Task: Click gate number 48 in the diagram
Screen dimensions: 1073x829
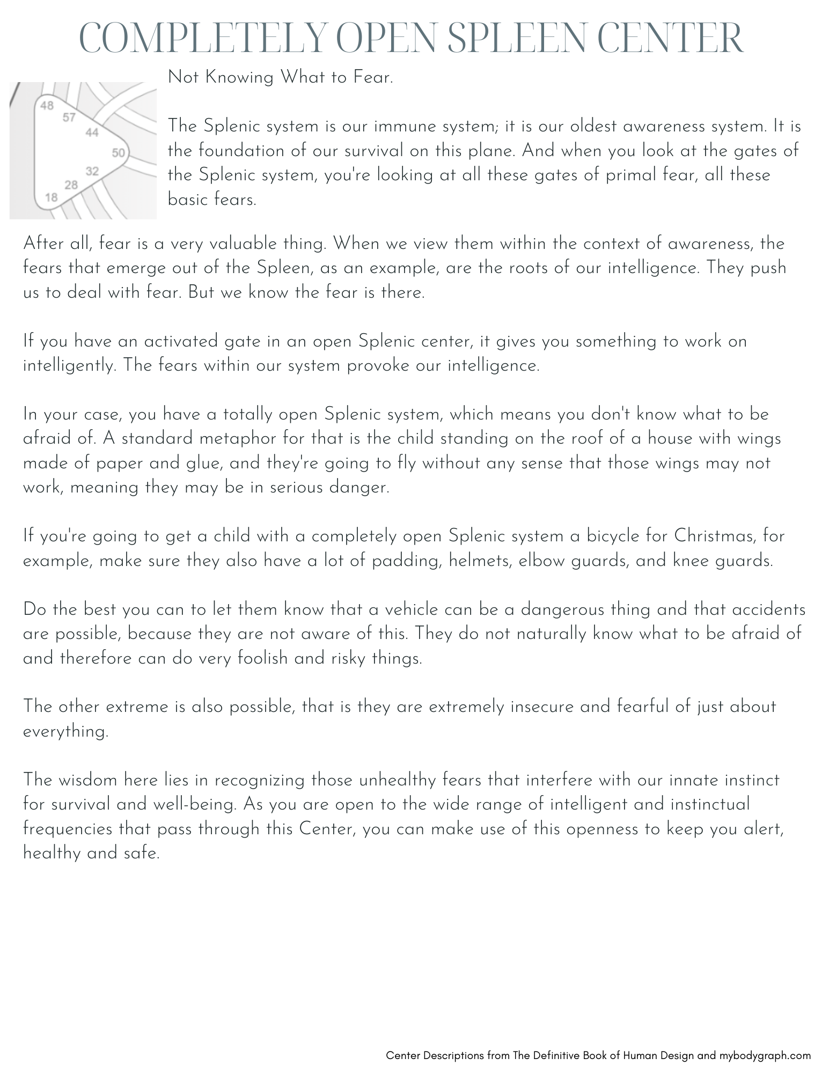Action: [47, 105]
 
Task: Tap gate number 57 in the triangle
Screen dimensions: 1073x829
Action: [69, 117]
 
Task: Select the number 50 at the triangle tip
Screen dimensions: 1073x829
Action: [118, 153]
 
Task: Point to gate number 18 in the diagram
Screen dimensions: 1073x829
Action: [51, 197]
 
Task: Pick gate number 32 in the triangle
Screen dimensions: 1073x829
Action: [92, 171]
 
